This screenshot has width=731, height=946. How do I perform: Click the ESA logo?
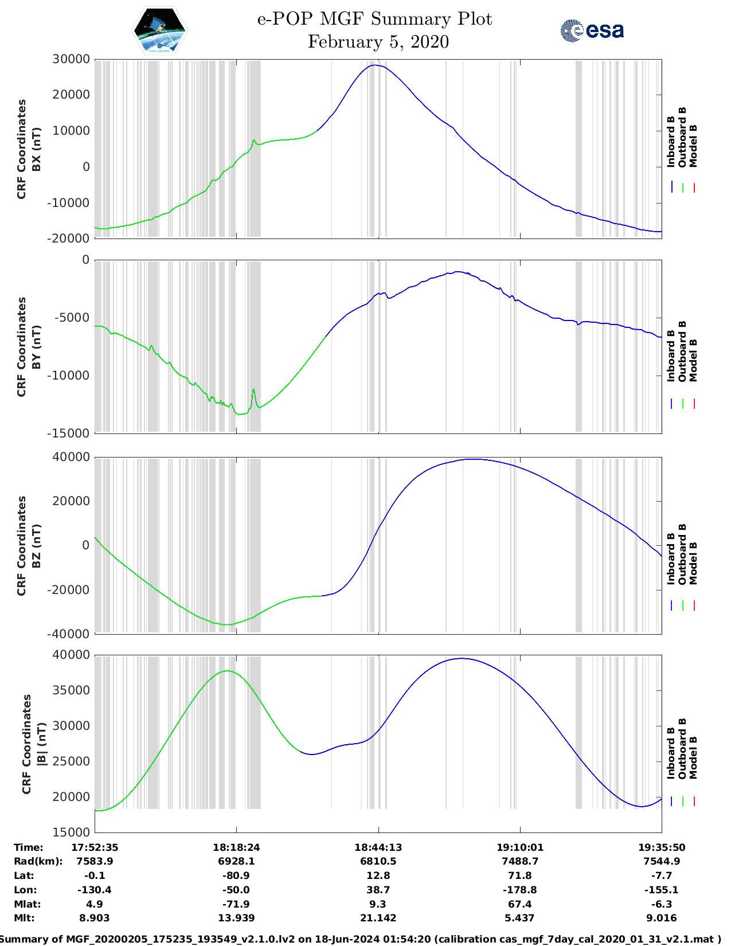[x=592, y=30]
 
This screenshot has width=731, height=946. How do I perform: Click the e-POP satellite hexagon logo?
[x=159, y=30]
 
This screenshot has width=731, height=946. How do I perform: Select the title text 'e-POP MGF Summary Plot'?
[x=374, y=19]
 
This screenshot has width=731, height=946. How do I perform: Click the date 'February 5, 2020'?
[x=378, y=42]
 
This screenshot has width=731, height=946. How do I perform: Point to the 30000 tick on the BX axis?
[x=71, y=59]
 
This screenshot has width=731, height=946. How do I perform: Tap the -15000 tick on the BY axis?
[x=71, y=433]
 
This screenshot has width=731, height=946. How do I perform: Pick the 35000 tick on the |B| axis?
[x=71, y=690]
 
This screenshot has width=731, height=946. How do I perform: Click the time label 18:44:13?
[x=378, y=847]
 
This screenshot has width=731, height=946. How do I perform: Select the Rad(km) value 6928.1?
[x=236, y=861]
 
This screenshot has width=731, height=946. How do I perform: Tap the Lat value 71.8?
[x=519, y=875]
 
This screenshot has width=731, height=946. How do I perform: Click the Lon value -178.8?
[x=519, y=890]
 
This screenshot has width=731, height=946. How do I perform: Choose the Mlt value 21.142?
[x=378, y=918]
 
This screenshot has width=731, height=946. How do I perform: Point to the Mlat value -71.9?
[x=236, y=904]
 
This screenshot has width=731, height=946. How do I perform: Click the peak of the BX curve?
[x=374, y=65]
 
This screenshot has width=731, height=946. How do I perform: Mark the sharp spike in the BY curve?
[x=253, y=390]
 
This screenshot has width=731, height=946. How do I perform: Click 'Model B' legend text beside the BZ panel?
[x=693, y=563]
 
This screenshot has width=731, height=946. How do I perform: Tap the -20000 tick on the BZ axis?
[x=71, y=589]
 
